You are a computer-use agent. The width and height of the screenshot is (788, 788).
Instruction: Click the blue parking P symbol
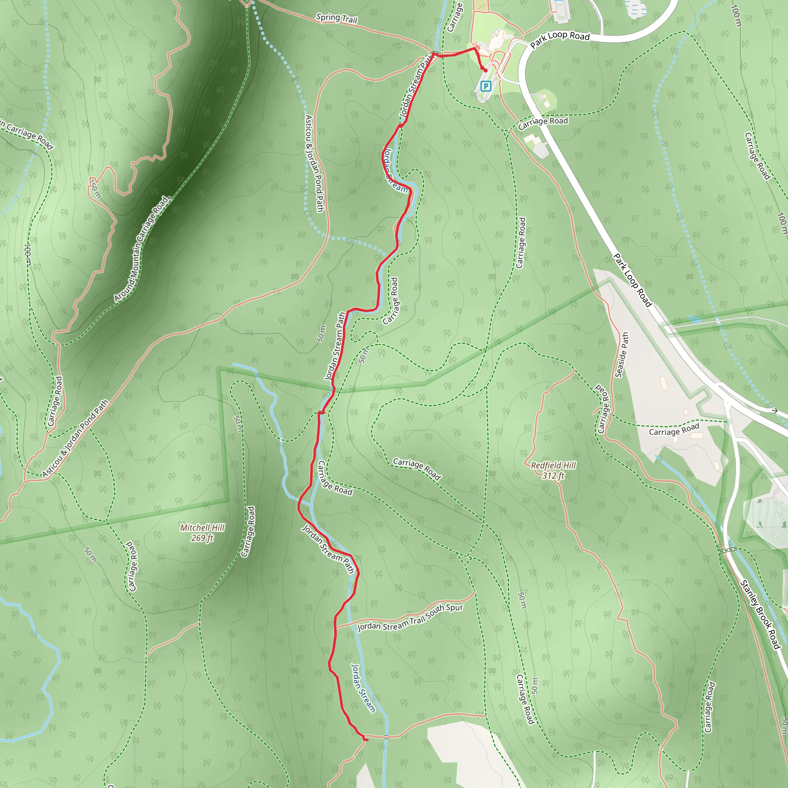(485, 86)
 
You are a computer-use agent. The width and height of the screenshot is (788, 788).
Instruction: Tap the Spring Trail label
(337, 18)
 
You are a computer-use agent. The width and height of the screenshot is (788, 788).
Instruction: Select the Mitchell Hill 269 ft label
(202, 533)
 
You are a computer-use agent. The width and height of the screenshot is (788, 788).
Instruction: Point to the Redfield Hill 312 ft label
(553, 470)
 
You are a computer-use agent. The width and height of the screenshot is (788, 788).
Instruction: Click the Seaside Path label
(622, 355)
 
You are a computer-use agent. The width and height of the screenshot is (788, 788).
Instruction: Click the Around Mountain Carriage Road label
(141, 249)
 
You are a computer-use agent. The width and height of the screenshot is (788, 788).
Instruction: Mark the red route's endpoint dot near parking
(485, 70)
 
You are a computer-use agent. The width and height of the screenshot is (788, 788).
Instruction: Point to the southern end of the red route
(366, 740)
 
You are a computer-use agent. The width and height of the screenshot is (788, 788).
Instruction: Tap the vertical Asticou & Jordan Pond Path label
(314, 163)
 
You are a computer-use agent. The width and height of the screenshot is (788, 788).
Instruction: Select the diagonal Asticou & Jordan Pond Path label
(75, 439)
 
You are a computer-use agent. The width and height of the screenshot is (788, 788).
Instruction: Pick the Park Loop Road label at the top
(560, 39)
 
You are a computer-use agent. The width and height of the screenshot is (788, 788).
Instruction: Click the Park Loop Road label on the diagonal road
(632, 280)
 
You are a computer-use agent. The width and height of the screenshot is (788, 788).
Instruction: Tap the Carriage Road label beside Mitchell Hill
(248, 531)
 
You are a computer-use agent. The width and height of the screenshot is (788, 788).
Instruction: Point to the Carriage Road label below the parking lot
(543, 123)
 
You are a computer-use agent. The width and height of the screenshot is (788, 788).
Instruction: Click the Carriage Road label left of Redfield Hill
(416, 469)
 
